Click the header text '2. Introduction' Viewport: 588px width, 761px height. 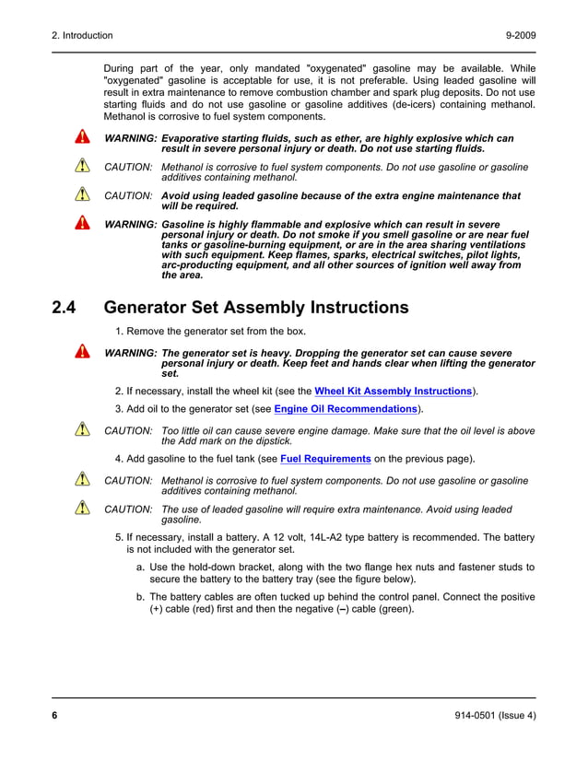coord(82,36)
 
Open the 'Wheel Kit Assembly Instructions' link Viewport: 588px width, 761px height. coord(394,392)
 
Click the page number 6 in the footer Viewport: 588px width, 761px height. coord(54,716)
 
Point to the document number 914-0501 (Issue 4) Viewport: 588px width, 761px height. coord(495,716)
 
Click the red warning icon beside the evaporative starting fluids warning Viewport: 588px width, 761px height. coord(82,138)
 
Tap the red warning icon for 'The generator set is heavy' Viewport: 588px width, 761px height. coord(82,353)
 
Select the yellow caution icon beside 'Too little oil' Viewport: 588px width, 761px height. coord(82,430)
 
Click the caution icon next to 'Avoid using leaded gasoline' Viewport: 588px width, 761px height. coord(82,195)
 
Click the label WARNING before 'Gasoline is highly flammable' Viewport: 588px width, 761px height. coord(130,225)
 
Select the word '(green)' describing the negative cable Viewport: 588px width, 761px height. coord(395,609)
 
